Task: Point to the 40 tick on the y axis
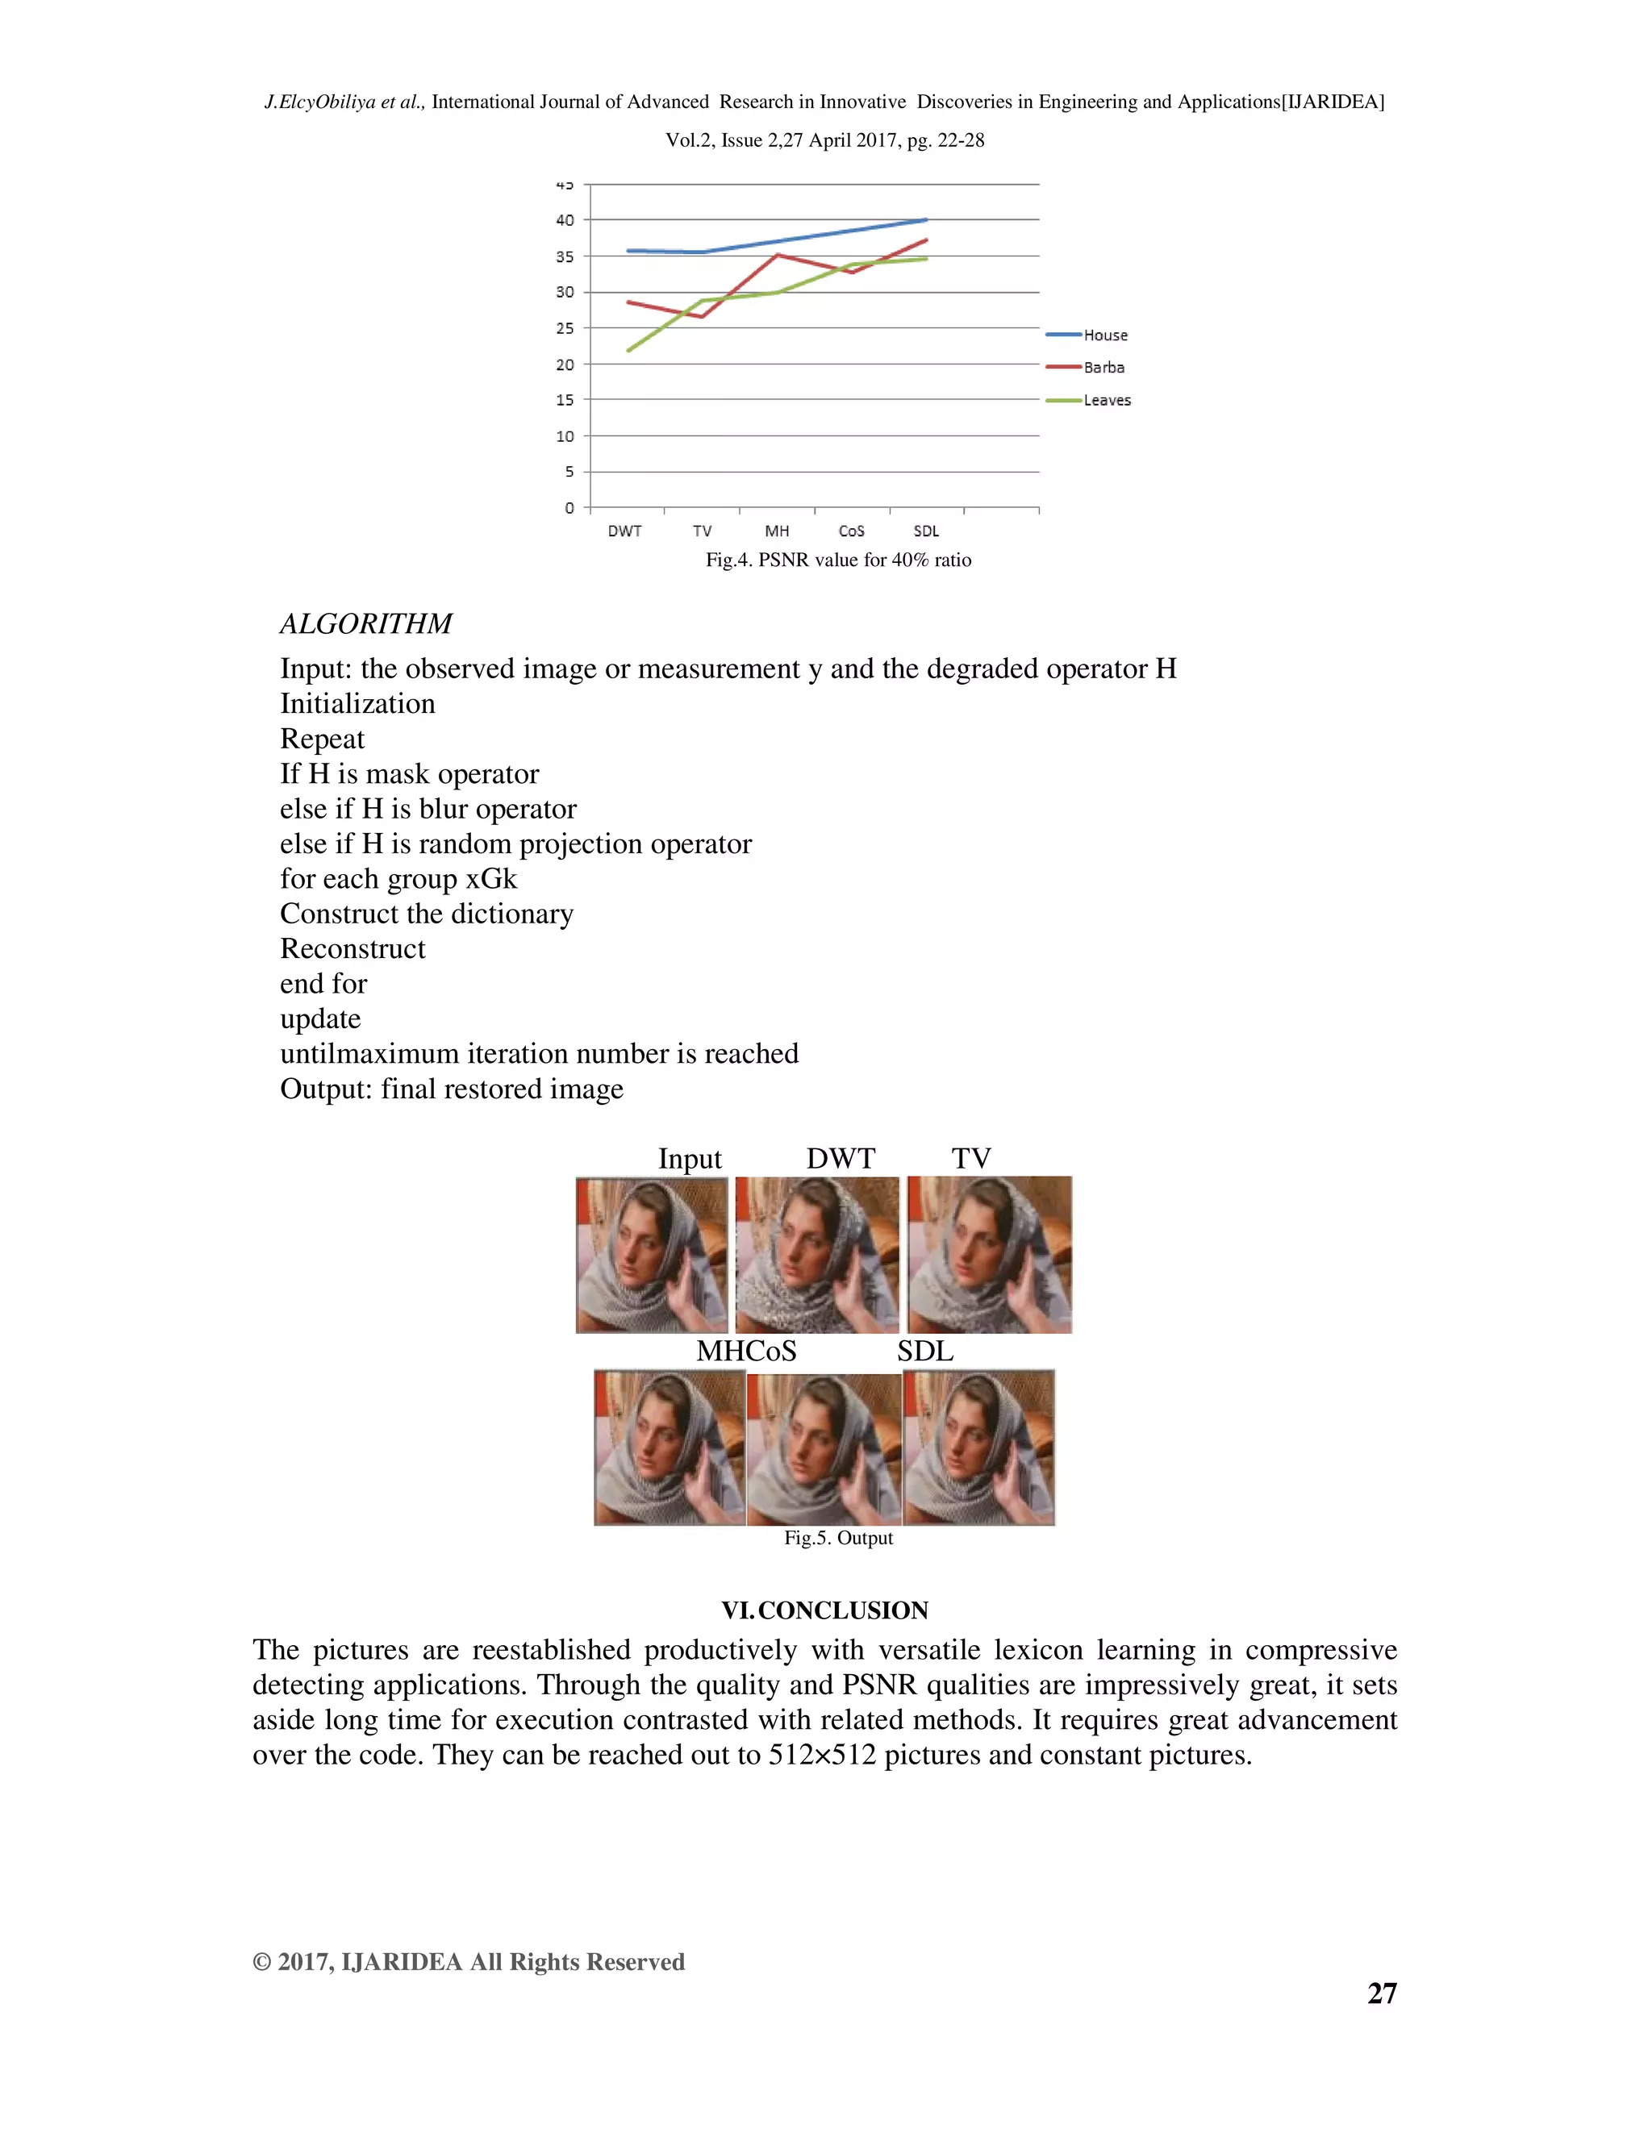tap(565, 220)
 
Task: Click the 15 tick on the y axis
tap(565, 399)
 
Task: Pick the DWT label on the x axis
tap(624, 531)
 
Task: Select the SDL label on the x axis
tap(926, 531)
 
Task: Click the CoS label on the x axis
tap(852, 531)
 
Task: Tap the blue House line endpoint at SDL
tap(926, 220)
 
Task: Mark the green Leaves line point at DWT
tap(628, 350)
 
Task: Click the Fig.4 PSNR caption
tap(839, 560)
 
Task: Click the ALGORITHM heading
tap(366, 623)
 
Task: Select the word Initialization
tap(357, 703)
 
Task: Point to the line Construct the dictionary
tap(427, 913)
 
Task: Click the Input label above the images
tap(689, 1159)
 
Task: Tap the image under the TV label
tap(990, 1255)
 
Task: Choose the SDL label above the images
tap(925, 1352)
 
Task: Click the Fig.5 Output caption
tap(839, 1537)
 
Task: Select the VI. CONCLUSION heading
tap(825, 1610)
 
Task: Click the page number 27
tap(1382, 1993)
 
